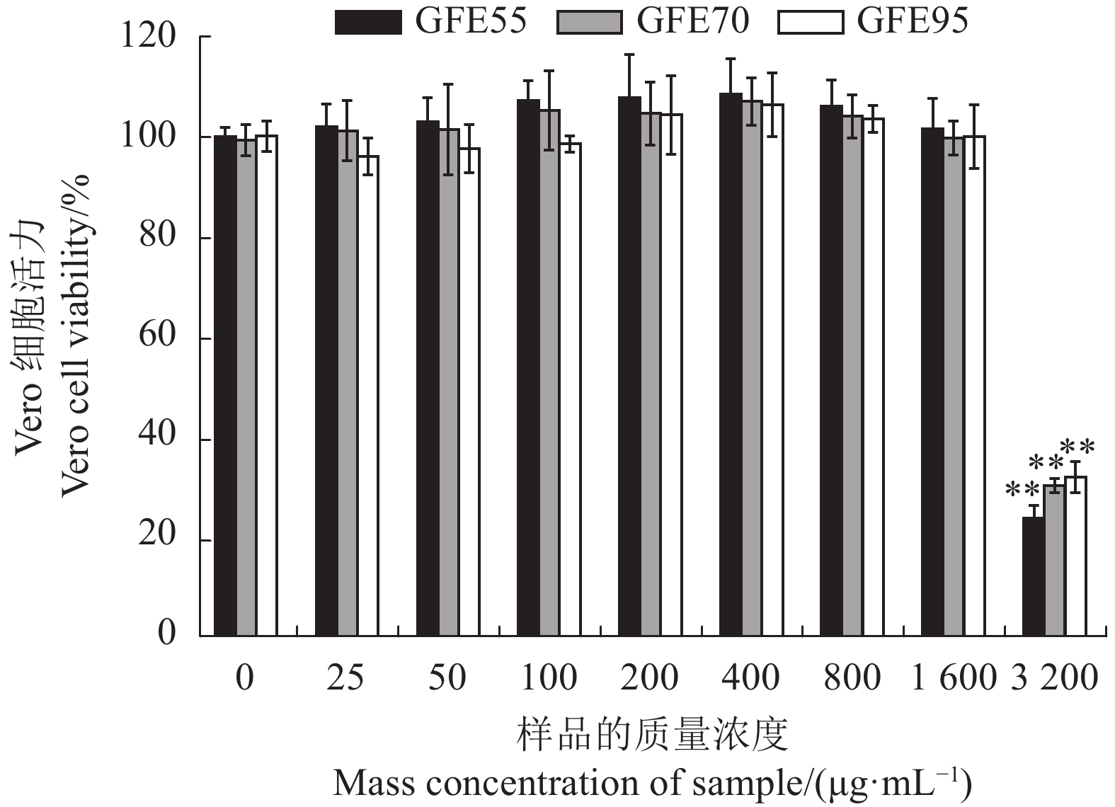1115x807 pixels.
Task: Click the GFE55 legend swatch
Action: (367, 22)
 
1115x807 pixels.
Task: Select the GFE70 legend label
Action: (692, 21)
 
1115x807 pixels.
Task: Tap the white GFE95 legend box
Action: (810, 22)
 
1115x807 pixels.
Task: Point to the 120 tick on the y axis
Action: (149, 36)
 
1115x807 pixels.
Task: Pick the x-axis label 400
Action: (750, 678)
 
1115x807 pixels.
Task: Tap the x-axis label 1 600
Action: (954, 678)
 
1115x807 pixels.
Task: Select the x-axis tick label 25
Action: (345, 678)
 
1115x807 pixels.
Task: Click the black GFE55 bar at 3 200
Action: (1033, 576)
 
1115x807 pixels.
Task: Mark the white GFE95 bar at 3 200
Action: (1075, 556)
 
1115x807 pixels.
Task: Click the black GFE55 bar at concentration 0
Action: (225, 386)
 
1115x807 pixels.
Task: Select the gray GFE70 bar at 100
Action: (549, 372)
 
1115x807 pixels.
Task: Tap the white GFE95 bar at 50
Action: (469, 391)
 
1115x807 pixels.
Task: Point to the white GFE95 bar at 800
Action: (874, 377)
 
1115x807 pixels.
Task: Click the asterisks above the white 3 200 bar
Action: (1077, 447)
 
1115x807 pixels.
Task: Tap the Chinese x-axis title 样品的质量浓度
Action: (652, 735)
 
